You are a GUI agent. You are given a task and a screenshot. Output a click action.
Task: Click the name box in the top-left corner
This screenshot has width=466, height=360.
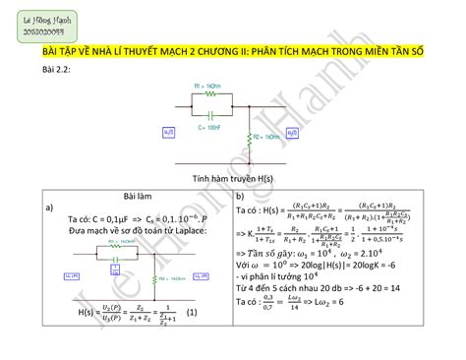[x=40, y=27]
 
